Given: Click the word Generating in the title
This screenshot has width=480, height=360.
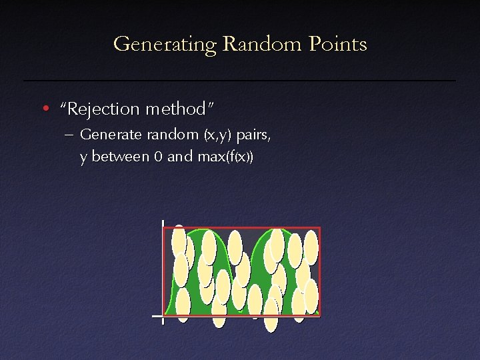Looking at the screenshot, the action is pyautogui.click(x=165, y=45).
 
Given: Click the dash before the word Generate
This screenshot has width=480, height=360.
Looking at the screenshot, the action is pyautogui.click(x=69, y=135).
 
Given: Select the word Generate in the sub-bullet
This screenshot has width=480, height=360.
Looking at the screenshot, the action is pyautogui.click(x=105, y=135).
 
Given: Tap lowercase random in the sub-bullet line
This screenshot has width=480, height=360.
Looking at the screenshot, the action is pyautogui.click(x=159, y=135).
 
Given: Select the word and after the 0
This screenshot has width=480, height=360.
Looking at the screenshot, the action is pyautogui.click(x=180, y=158).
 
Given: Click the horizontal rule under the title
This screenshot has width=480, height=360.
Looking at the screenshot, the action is pyautogui.click(x=240, y=81).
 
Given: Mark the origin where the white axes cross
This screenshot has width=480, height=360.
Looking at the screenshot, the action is pyautogui.click(x=163, y=315).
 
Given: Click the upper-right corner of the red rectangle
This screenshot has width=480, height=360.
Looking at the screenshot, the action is pyautogui.click(x=320, y=227).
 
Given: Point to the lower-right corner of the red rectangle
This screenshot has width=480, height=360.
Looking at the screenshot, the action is pyautogui.click(x=320, y=315).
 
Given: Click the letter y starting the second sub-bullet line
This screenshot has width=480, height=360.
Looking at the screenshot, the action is pyautogui.click(x=83, y=159).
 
